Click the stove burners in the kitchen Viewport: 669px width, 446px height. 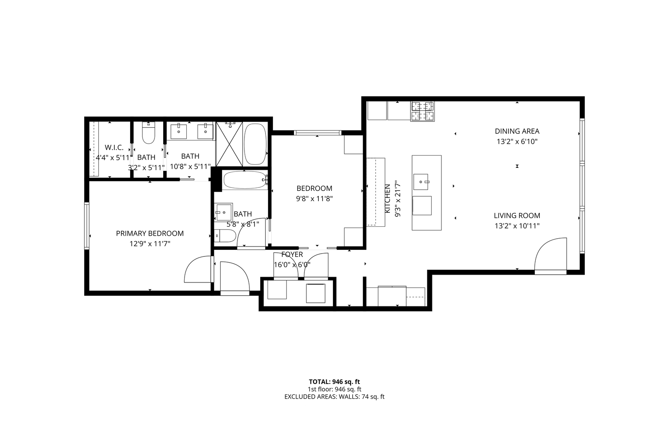click(422, 111)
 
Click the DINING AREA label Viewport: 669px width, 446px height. click(517, 131)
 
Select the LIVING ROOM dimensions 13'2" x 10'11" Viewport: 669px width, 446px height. click(517, 226)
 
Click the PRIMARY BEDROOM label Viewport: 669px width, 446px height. click(149, 233)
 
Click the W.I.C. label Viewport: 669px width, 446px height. click(114, 147)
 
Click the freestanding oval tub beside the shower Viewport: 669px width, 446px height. click(256, 144)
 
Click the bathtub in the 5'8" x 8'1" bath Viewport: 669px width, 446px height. click(244, 180)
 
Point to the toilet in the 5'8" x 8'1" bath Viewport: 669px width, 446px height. click(225, 236)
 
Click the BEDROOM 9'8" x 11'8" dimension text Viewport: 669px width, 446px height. click(314, 198)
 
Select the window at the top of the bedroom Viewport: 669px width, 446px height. click(317, 133)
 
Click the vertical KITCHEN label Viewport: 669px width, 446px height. click(387, 199)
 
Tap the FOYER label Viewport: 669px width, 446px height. click(292, 254)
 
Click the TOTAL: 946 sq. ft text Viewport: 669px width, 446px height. click(334, 382)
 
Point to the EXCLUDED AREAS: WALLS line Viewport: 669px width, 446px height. click(334, 397)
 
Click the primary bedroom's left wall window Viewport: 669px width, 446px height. click(87, 225)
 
